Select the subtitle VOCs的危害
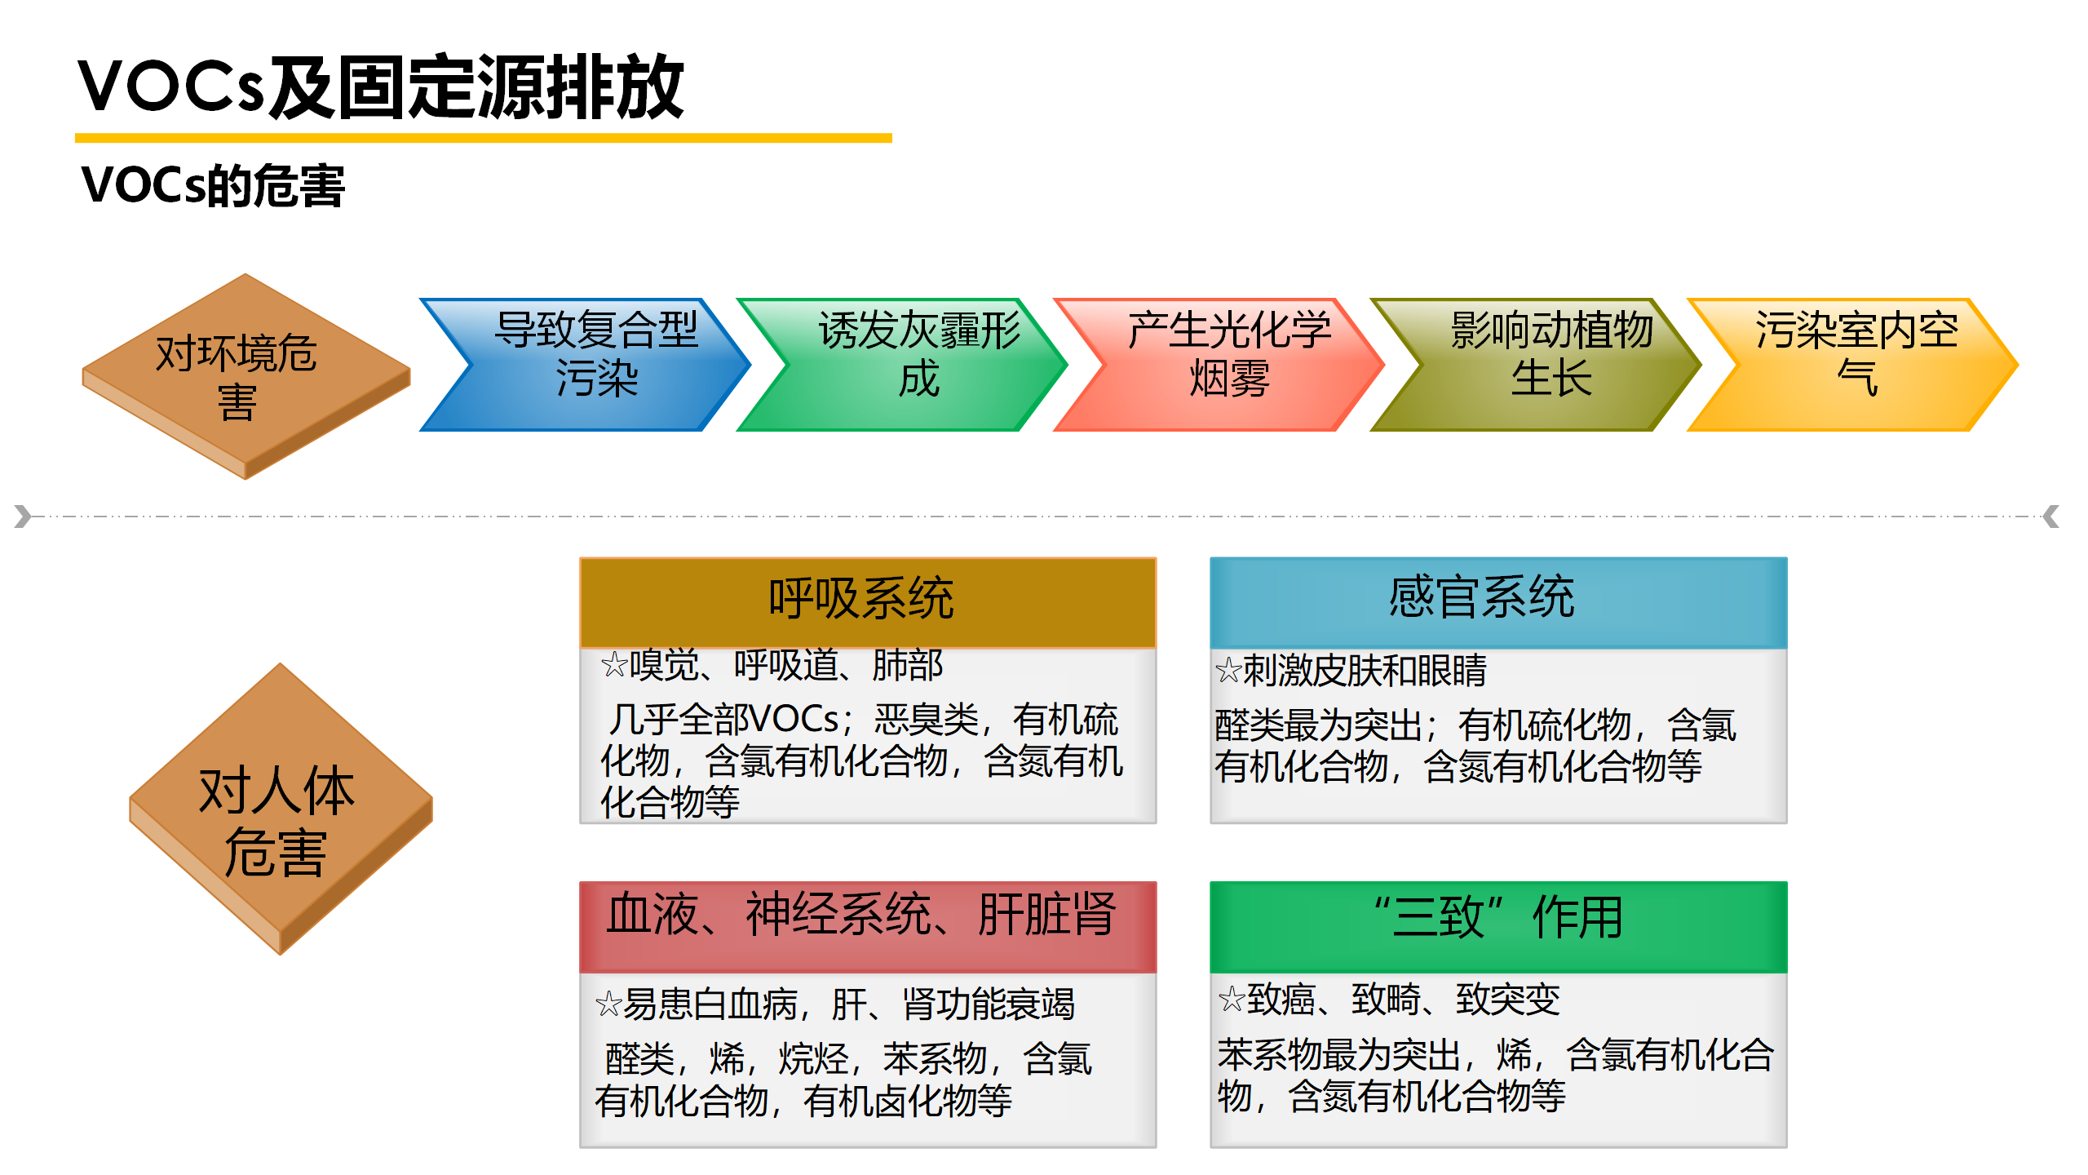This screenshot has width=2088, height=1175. click(x=213, y=185)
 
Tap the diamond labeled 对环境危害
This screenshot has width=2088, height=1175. click(x=246, y=376)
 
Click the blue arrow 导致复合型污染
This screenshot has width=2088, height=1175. click(x=585, y=365)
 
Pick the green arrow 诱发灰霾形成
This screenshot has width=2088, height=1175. click(x=902, y=365)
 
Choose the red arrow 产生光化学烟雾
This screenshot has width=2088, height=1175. click(x=1219, y=365)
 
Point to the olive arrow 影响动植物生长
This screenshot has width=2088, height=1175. click(x=1536, y=365)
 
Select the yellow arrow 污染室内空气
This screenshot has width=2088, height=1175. click(x=1852, y=365)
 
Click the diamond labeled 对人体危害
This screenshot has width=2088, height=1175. click(x=281, y=809)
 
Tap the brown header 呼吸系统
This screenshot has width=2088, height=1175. click(x=868, y=602)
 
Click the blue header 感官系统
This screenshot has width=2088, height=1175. click(x=1498, y=602)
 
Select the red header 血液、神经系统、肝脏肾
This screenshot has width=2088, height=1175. click(x=868, y=926)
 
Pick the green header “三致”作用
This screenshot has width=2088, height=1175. click(x=1498, y=926)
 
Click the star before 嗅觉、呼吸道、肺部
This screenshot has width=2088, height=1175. click(x=614, y=665)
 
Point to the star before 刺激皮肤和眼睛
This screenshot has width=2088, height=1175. click(x=1228, y=671)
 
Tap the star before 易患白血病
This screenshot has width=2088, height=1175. click(x=608, y=1004)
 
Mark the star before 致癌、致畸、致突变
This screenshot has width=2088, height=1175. click(x=1232, y=999)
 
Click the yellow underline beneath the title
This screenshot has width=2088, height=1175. click(x=484, y=139)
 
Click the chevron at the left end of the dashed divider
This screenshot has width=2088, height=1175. click(x=23, y=517)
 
